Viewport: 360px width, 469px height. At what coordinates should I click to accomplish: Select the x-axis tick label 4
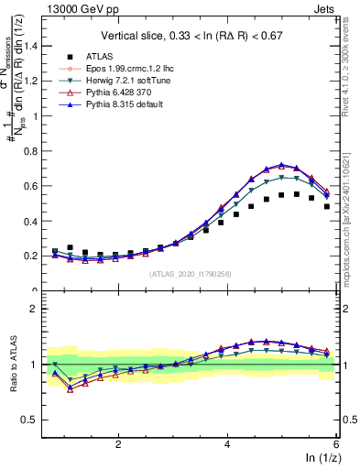pos(227,443)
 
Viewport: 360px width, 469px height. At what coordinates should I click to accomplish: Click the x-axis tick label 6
pos(336,443)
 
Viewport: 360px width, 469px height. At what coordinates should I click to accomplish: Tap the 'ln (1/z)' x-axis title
pos(321,458)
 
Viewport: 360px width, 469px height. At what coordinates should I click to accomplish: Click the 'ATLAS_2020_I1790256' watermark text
pos(191,274)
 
